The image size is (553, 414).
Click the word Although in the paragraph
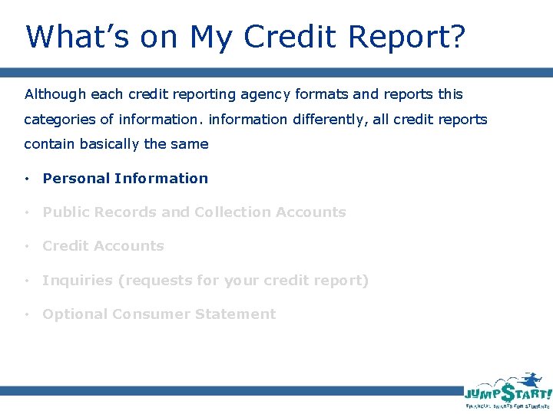coord(55,94)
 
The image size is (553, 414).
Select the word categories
coord(58,120)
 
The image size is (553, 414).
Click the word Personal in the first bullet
coord(75,179)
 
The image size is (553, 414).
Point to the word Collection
coord(232,212)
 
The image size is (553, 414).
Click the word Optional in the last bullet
coord(75,314)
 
